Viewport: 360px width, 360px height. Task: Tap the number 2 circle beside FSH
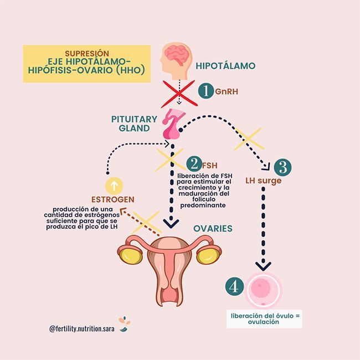tap(194, 164)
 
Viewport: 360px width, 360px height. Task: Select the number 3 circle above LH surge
tap(282, 167)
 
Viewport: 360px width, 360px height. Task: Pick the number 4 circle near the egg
tap(234, 286)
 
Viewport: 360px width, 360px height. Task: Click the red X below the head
tap(178, 91)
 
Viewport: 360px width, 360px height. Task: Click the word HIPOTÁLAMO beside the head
tap(226, 66)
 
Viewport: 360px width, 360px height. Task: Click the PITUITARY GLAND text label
tap(130, 123)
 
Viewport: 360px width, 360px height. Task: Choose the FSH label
tap(210, 165)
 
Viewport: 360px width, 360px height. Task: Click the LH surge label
tap(264, 181)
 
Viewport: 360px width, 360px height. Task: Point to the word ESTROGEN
tap(113, 199)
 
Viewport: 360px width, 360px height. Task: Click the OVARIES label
tap(213, 228)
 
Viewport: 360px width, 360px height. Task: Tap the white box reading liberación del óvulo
tap(265, 319)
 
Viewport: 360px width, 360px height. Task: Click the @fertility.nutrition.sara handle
tap(81, 328)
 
